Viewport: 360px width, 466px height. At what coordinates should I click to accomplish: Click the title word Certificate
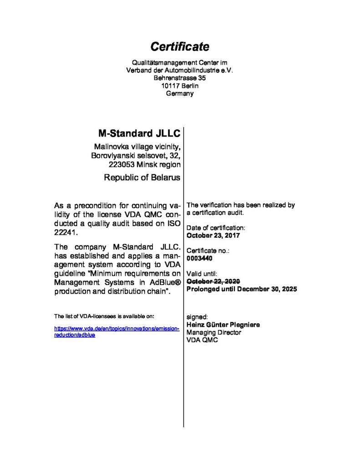click(x=180, y=46)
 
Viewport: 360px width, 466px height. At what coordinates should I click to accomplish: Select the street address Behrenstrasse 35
click(x=180, y=78)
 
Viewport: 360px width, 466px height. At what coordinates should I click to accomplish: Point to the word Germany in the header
click(x=180, y=93)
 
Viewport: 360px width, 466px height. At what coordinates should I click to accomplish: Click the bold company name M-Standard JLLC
click(x=139, y=133)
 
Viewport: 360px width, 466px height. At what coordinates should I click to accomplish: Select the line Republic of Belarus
click(x=142, y=177)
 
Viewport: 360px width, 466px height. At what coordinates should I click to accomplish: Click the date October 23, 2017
click(x=213, y=235)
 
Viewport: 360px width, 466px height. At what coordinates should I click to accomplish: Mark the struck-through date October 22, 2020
click(x=213, y=281)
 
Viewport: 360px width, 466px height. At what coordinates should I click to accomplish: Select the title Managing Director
click(x=214, y=332)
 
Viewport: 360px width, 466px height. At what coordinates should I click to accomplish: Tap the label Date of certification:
click(x=216, y=228)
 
